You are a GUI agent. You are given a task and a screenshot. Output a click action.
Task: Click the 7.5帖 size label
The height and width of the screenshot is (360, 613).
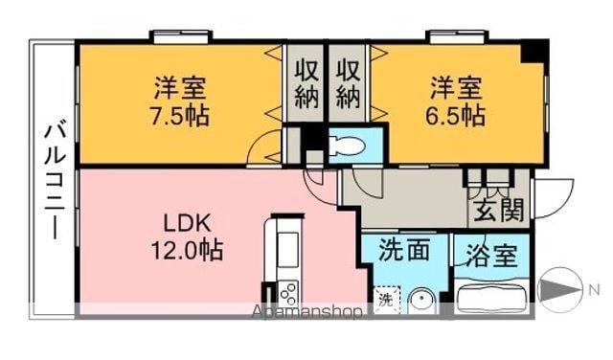179,118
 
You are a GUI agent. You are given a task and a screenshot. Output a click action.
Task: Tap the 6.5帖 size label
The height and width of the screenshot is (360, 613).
456,117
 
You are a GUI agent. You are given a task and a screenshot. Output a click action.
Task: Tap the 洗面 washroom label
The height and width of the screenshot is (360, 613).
403,253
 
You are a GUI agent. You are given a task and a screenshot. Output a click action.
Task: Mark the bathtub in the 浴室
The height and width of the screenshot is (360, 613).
492,298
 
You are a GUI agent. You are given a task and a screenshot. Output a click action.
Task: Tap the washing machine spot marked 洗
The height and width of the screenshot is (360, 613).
385,299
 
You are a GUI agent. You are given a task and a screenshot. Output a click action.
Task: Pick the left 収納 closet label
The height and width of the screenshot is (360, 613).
306,82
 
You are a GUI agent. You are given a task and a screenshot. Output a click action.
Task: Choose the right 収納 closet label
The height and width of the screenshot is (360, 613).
348,82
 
